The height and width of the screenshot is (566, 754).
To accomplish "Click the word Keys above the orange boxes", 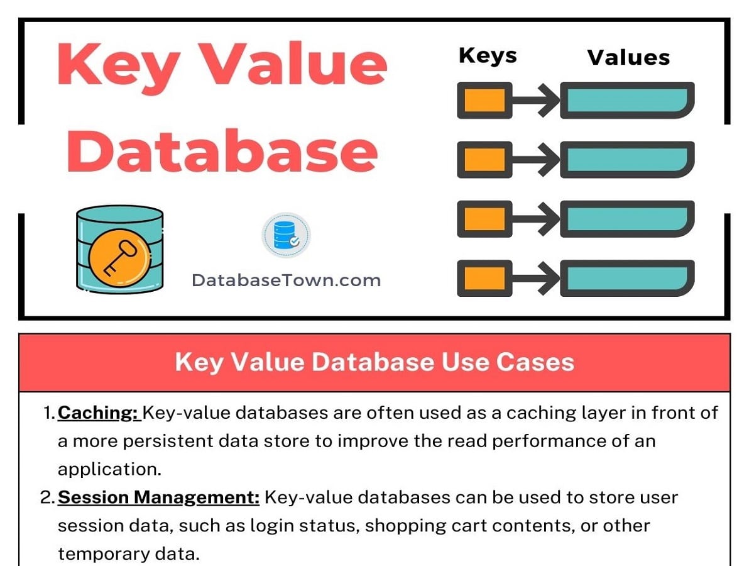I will pyautogui.click(x=488, y=56).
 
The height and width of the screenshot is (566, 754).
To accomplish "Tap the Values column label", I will pyautogui.click(x=628, y=58).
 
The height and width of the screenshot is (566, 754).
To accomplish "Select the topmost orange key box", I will pyautogui.click(x=484, y=100).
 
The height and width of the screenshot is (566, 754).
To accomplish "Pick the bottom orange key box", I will pyautogui.click(x=484, y=277).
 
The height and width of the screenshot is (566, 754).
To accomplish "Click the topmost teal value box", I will pyautogui.click(x=627, y=100).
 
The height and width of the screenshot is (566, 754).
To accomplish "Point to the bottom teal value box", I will pyautogui.click(x=627, y=277).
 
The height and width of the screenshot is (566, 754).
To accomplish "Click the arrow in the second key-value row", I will pyautogui.click(x=535, y=159).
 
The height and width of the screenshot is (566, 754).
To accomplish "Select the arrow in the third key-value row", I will pyautogui.click(x=535, y=218).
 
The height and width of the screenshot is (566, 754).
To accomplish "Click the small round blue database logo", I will pyautogui.click(x=286, y=235).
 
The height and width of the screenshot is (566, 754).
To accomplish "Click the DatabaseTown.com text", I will pyautogui.click(x=286, y=280).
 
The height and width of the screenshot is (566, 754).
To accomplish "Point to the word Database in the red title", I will pyautogui.click(x=221, y=152).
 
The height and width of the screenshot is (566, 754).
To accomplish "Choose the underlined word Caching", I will pyautogui.click(x=97, y=414).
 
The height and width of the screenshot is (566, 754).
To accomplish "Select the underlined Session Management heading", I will pyautogui.click(x=158, y=498).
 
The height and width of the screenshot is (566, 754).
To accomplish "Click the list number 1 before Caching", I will pyautogui.click(x=48, y=414).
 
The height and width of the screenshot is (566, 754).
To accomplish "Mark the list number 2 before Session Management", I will pyautogui.click(x=47, y=498).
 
